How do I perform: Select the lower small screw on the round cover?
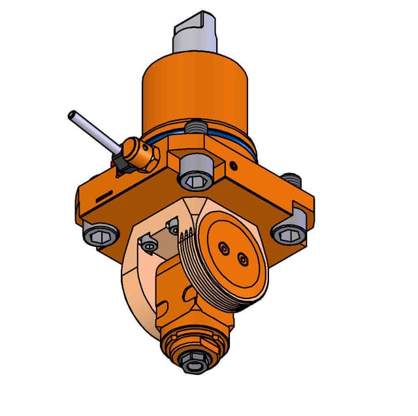243,260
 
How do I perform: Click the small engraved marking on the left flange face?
104,194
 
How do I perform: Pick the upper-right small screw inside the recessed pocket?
174,227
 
